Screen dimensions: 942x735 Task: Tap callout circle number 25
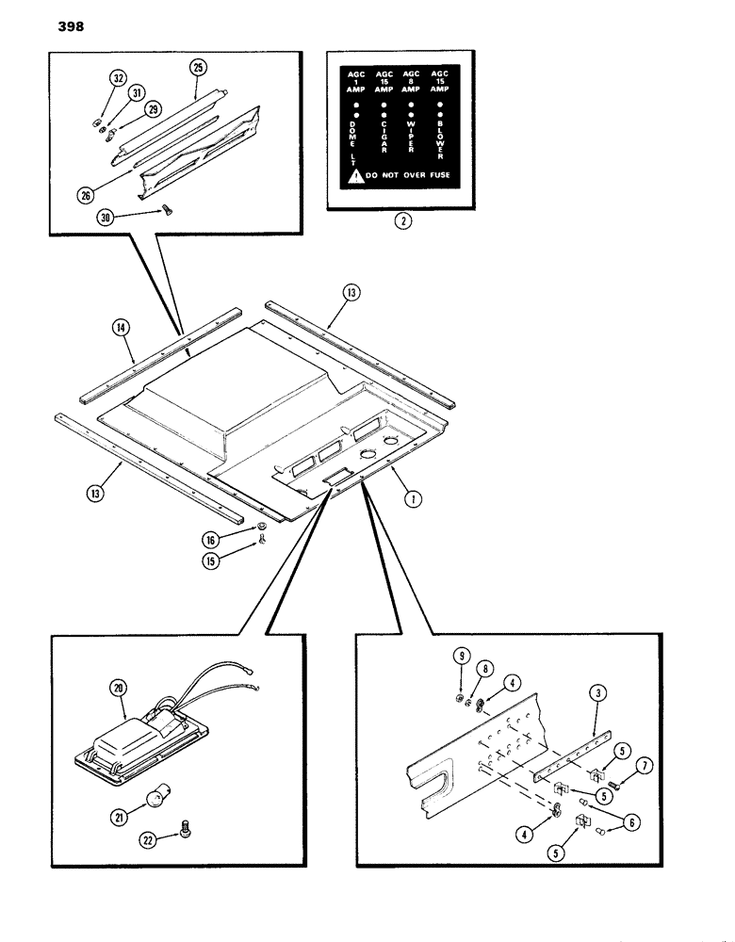(197, 68)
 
